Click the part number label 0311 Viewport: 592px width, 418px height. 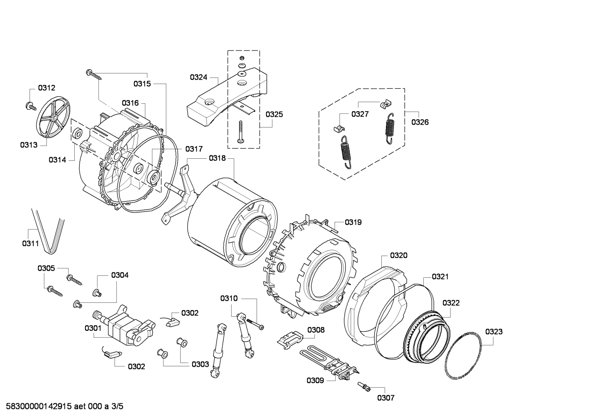30,244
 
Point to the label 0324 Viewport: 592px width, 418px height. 198,77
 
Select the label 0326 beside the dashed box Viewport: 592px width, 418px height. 420,122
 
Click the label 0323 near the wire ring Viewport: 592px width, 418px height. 493,331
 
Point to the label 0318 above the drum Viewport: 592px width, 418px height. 217,158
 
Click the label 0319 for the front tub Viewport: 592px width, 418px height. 353,222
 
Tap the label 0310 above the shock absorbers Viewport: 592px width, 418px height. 229,298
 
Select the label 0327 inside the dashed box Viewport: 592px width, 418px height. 360,114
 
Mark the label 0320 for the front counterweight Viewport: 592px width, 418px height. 399,255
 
